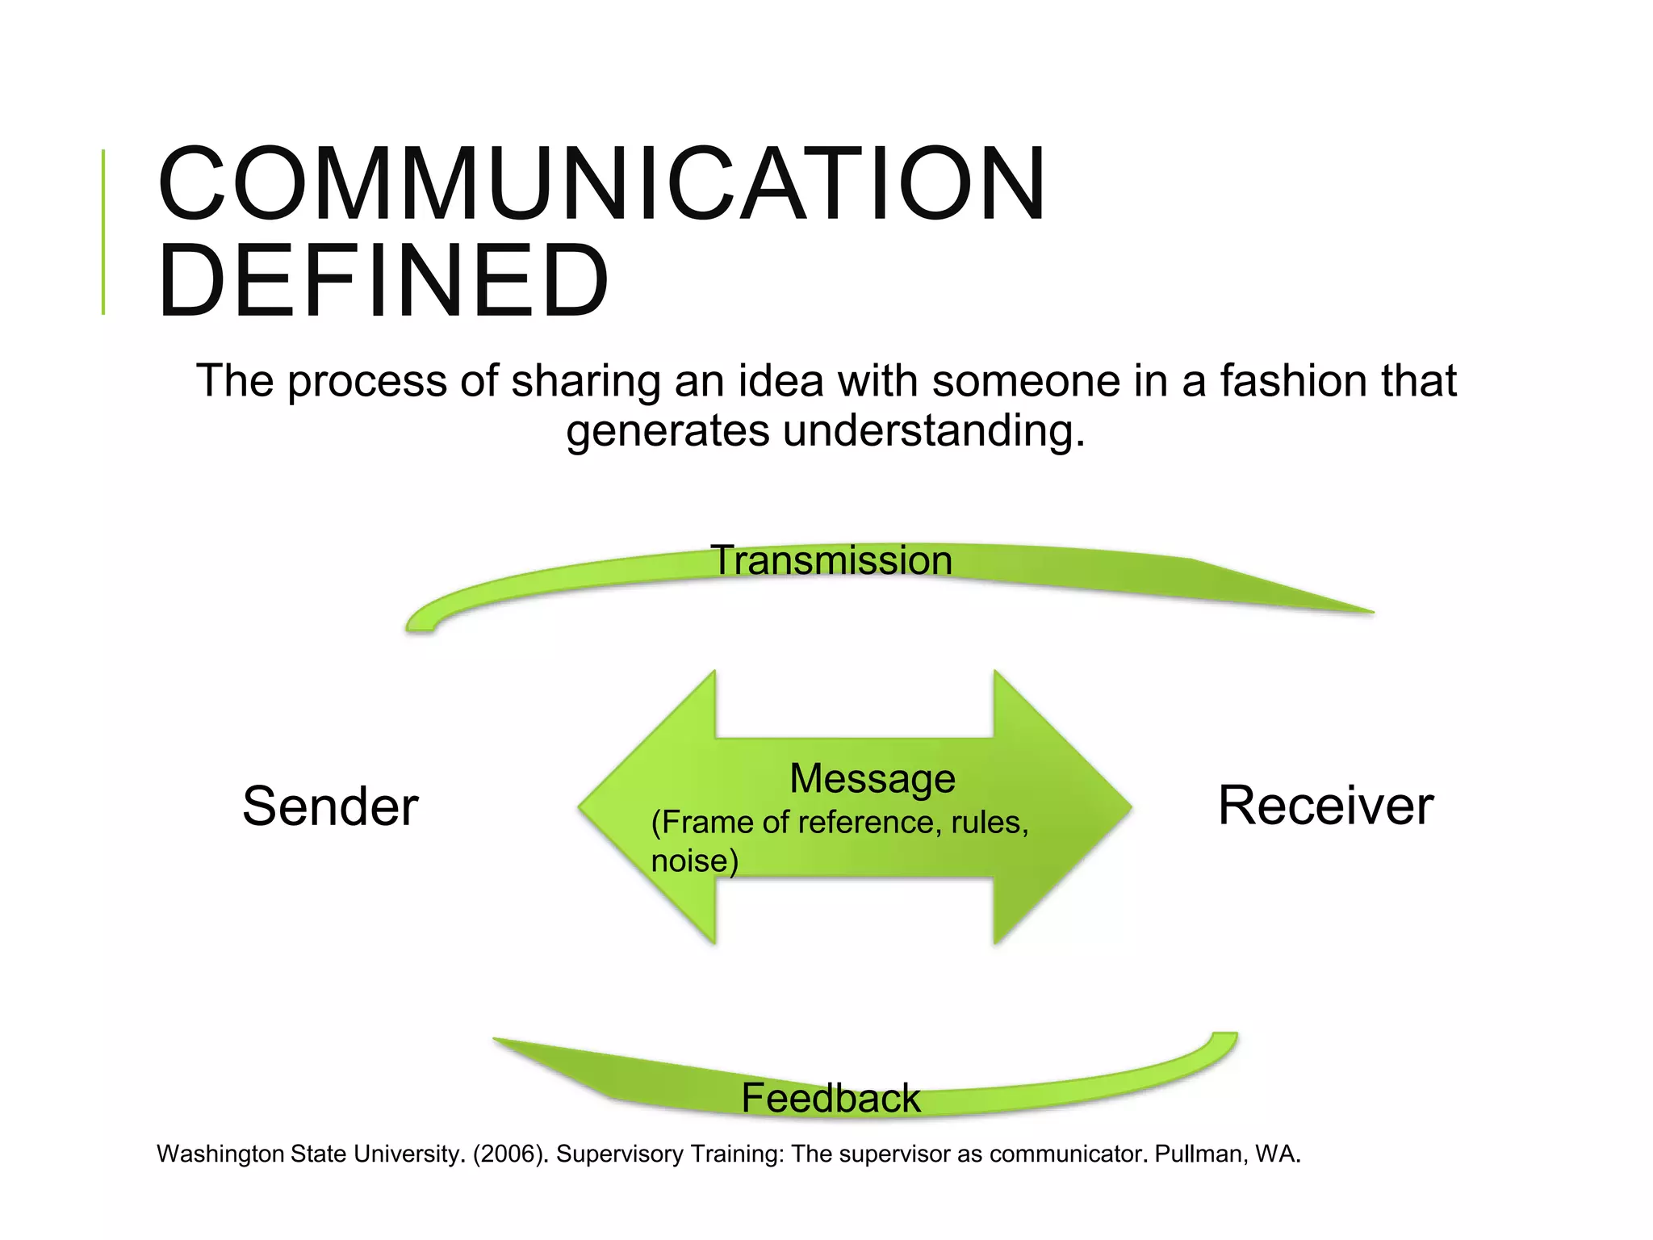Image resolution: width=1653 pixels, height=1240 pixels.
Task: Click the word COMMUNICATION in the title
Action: point(601,184)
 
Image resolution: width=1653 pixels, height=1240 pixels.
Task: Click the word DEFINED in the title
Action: point(383,281)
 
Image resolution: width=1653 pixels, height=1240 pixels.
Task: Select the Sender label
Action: point(330,806)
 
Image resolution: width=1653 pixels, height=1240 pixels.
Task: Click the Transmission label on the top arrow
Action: point(831,560)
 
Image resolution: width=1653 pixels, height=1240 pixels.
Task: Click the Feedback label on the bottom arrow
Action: point(831,1098)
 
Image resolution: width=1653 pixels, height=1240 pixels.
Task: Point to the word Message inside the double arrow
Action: point(872,778)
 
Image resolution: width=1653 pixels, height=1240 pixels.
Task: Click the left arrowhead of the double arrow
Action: point(638,806)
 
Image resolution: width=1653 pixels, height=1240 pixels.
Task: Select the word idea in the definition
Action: point(780,381)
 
